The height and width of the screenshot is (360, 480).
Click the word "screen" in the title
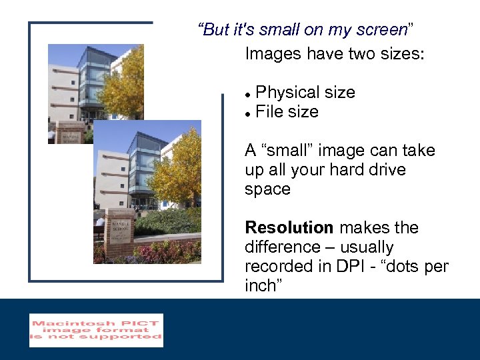(x=381, y=30)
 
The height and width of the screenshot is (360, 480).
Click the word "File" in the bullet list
(x=269, y=112)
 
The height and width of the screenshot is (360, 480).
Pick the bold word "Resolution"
(x=289, y=228)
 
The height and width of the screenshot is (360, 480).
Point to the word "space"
(x=267, y=189)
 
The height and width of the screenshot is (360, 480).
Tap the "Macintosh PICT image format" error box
(x=96, y=331)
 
